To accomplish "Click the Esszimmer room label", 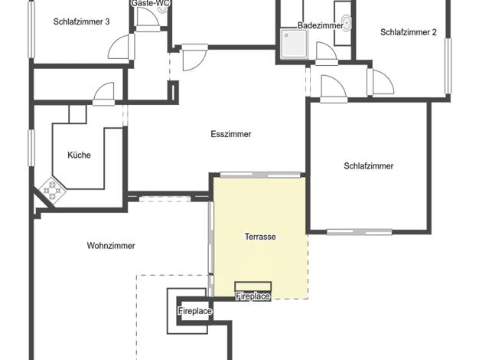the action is pos(231,134).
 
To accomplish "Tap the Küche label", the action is pos(79,155).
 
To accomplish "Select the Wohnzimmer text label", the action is pos(111,246).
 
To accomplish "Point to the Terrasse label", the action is pos(260,237).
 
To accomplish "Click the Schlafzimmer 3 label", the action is pos(82,21).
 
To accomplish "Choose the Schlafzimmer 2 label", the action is pos(409,32).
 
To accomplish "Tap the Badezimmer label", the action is pos(321,25).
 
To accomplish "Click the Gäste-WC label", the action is pos(150,3).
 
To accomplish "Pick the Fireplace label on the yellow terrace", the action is pos(253,296).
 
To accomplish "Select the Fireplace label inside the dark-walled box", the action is pos(195,311).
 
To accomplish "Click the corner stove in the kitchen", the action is pos(53,190).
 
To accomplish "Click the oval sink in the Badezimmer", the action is pos(347,23).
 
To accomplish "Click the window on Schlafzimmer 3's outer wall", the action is pos(31,29).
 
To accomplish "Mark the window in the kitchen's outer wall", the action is pos(31,148).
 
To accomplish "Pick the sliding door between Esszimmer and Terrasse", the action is pos(260,175).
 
